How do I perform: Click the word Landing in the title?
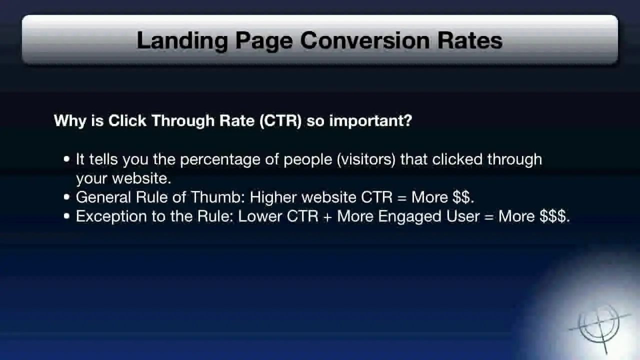click(x=182, y=41)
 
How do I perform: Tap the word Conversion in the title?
click(x=365, y=40)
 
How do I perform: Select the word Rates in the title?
click(x=470, y=40)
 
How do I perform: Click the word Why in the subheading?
click(x=70, y=121)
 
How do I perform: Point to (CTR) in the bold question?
click(x=280, y=121)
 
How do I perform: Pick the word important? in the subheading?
click(x=370, y=121)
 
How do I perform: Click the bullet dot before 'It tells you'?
click(x=67, y=159)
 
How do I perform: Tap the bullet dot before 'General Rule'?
click(x=67, y=197)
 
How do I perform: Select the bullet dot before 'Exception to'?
click(x=67, y=216)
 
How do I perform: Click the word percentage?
click(x=220, y=160)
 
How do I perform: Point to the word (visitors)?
click(x=366, y=159)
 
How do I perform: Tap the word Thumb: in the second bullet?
click(x=217, y=197)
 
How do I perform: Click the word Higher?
click(x=273, y=197)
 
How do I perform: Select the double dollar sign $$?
click(x=461, y=197)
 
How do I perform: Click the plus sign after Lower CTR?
click(x=327, y=217)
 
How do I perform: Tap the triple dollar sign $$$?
click(x=552, y=216)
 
